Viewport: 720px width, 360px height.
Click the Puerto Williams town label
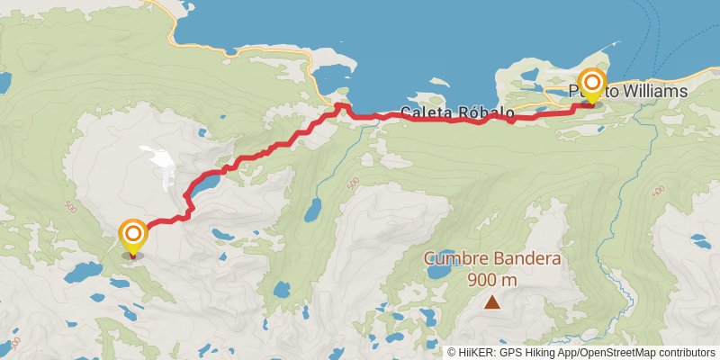point(628,92)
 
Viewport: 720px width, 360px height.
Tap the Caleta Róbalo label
point(457,114)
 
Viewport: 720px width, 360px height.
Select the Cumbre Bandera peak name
point(492,259)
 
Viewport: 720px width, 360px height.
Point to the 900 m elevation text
point(492,279)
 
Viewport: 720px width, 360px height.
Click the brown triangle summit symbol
point(492,302)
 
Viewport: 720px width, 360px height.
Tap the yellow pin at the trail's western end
point(133,237)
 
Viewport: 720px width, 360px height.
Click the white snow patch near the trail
point(162,163)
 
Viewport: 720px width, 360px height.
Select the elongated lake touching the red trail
point(202,185)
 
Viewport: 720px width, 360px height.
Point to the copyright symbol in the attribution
point(453,352)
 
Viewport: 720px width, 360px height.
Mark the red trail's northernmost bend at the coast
point(340,106)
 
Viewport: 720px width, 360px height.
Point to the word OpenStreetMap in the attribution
point(614,352)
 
